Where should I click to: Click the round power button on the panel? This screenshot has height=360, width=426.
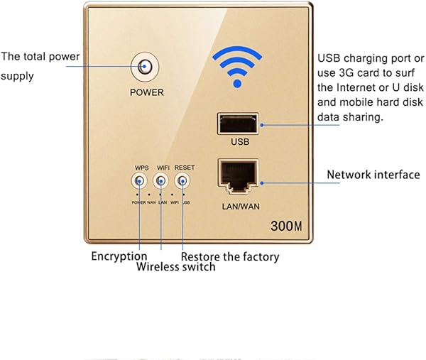tap(146, 67)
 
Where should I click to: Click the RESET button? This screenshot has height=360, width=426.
tap(184, 182)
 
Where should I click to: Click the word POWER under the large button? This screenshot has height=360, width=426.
tap(146, 92)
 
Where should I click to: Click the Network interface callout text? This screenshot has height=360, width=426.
tap(373, 174)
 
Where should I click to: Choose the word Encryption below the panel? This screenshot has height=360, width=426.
tap(119, 256)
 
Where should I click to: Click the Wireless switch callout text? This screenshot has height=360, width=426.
tap(175, 268)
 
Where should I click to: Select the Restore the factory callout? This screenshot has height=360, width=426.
tap(230, 256)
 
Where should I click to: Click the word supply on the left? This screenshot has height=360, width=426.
tap(17, 75)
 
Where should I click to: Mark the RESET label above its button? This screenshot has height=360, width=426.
tap(184, 168)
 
